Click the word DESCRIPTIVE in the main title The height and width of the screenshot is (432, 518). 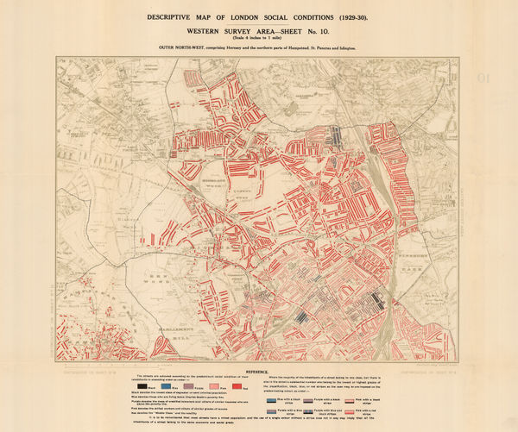[x=176, y=18]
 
